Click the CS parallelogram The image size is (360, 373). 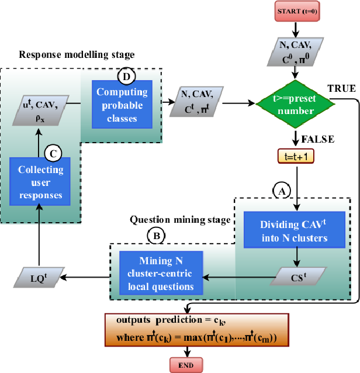point(297,275)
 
